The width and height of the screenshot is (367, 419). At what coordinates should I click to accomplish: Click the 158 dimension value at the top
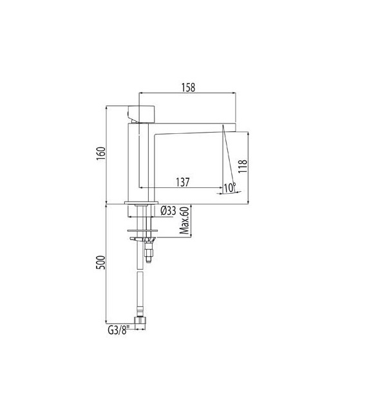point(188,87)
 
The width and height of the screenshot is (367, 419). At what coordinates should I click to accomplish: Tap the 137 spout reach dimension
point(182,182)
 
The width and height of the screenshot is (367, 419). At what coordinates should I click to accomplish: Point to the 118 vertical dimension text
point(243,168)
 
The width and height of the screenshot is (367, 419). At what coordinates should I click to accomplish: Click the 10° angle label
point(230,187)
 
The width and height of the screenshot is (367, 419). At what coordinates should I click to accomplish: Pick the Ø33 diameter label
point(168,210)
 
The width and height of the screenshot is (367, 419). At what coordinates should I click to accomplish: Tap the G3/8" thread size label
point(119,331)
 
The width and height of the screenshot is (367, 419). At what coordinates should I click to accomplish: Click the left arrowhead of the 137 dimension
point(141,189)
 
